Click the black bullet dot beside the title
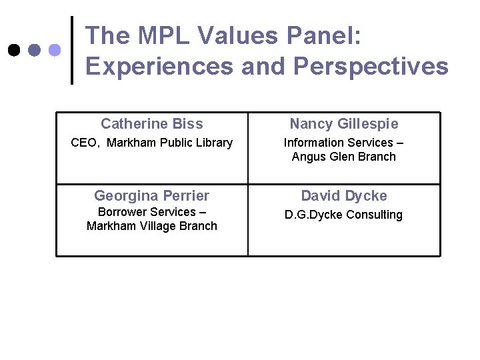pyautogui.click(x=14, y=50)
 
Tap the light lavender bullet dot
pyautogui.click(x=55, y=50)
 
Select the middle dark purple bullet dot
pyautogui.click(x=35, y=50)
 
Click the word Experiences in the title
pyautogui.click(x=159, y=66)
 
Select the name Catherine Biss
pyautogui.click(x=152, y=123)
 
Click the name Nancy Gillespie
pyautogui.click(x=344, y=123)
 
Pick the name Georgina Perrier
pyautogui.click(x=152, y=195)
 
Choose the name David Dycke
pyautogui.click(x=344, y=195)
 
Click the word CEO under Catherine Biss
pyautogui.click(x=85, y=143)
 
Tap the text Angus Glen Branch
pyautogui.click(x=344, y=157)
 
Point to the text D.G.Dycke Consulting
pyautogui.click(x=344, y=215)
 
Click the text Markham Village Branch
pyautogui.click(x=152, y=226)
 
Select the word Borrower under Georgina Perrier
pyautogui.click(x=123, y=212)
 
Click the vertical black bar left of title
pyautogui.click(x=72, y=50)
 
